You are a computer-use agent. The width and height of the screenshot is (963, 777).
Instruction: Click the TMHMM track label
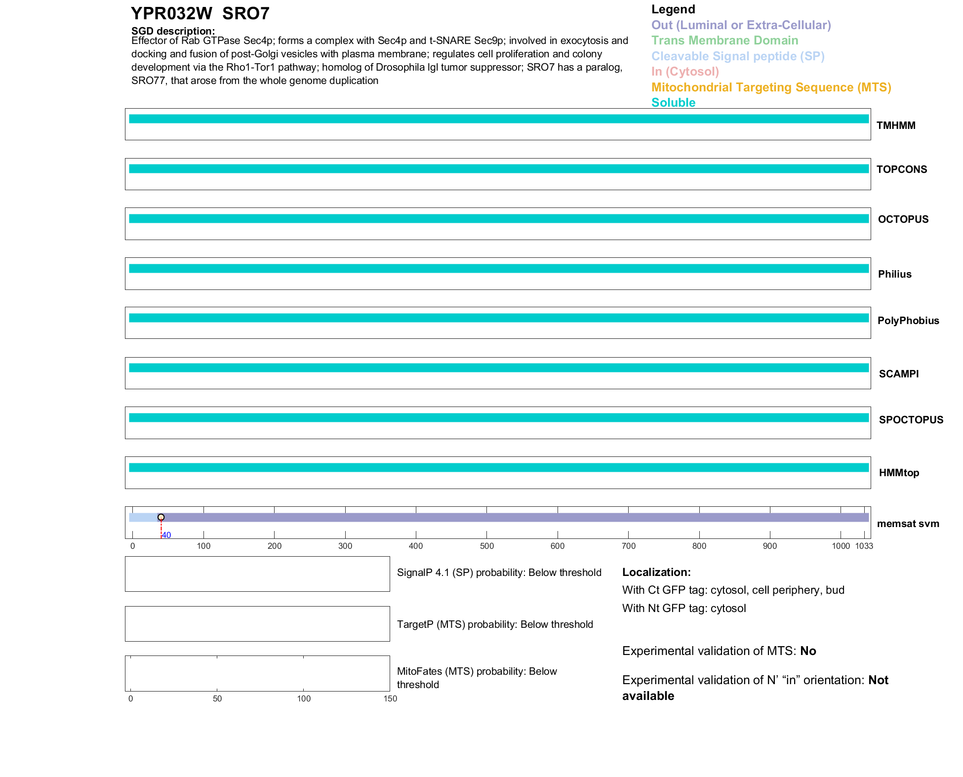pyautogui.click(x=895, y=125)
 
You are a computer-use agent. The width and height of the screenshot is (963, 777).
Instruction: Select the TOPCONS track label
pyautogui.click(x=901, y=169)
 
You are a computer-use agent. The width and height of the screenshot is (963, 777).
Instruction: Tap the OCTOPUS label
pyautogui.click(x=903, y=219)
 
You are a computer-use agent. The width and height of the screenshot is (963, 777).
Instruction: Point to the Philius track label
pyautogui.click(x=894, y=274)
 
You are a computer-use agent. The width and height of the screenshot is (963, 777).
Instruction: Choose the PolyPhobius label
pyautogui.click(x=908, y=321)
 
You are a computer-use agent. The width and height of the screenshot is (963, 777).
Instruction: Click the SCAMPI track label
pyautogui.click(x=898, y=374)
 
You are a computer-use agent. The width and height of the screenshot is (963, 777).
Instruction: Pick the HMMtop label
pyautogui.click(x=899, y=473)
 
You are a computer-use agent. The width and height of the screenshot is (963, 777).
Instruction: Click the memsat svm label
pyautogui.click(x=908, y=524)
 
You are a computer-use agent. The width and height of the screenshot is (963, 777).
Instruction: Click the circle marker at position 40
pyautogui.click(x=161, y=517)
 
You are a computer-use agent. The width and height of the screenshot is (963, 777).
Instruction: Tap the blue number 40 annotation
pyautogui.click(x=166, y=535)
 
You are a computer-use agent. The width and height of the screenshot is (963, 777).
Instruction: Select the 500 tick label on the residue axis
pyautogui.click(x=486, y=546)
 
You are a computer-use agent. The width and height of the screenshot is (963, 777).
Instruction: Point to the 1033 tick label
pyautogui.click(x=864, y=546)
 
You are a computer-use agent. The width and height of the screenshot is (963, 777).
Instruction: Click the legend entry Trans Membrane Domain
pyautogui.click(x=724, y=41)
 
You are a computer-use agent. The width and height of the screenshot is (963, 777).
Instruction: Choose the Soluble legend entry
pyautogui.click(x=673, y=103)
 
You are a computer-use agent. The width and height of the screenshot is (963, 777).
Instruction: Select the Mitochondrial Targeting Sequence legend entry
pyautogui.click(x=771, y=87)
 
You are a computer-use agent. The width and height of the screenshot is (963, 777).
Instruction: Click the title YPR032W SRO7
pyautogui.click(x=200, y=14)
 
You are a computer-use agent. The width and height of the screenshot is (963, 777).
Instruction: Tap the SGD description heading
pyautogui.click(x=173, y=31)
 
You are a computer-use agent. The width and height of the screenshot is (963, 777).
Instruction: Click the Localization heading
pyautogui.click(x=656, y=572)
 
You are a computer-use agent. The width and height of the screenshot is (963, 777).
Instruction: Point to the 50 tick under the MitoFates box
pyautogui.click(x=217, y=698)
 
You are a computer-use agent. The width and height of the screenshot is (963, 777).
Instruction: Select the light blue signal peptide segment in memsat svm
pyautogui.click(x=143, y=517)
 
